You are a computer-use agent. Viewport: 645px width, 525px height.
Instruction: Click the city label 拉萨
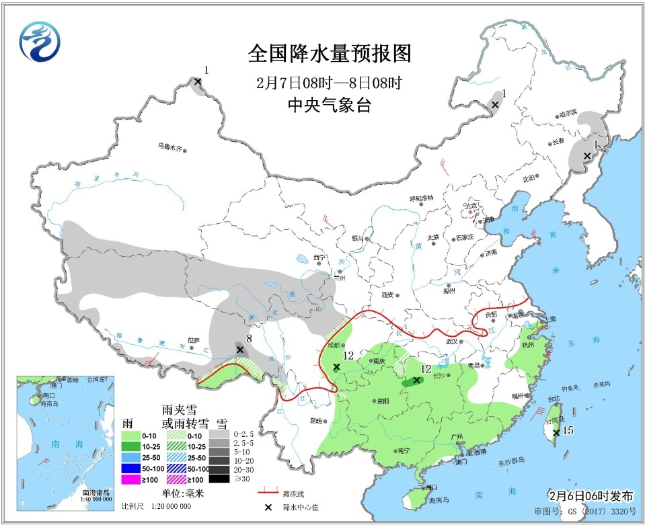(x=194, y=340)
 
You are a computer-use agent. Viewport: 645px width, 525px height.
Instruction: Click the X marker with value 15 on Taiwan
(x=556, y=433)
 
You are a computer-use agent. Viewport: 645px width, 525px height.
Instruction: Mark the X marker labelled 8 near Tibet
(x=239, y=350)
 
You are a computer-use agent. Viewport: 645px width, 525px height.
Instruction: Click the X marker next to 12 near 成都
(x=336, y=366)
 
